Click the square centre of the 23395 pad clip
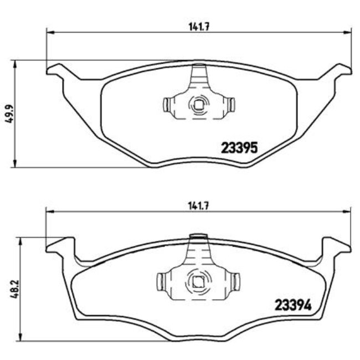point(198,103)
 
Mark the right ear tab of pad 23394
point(336,244)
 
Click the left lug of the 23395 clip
point(167,104)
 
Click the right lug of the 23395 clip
point(232,104)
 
